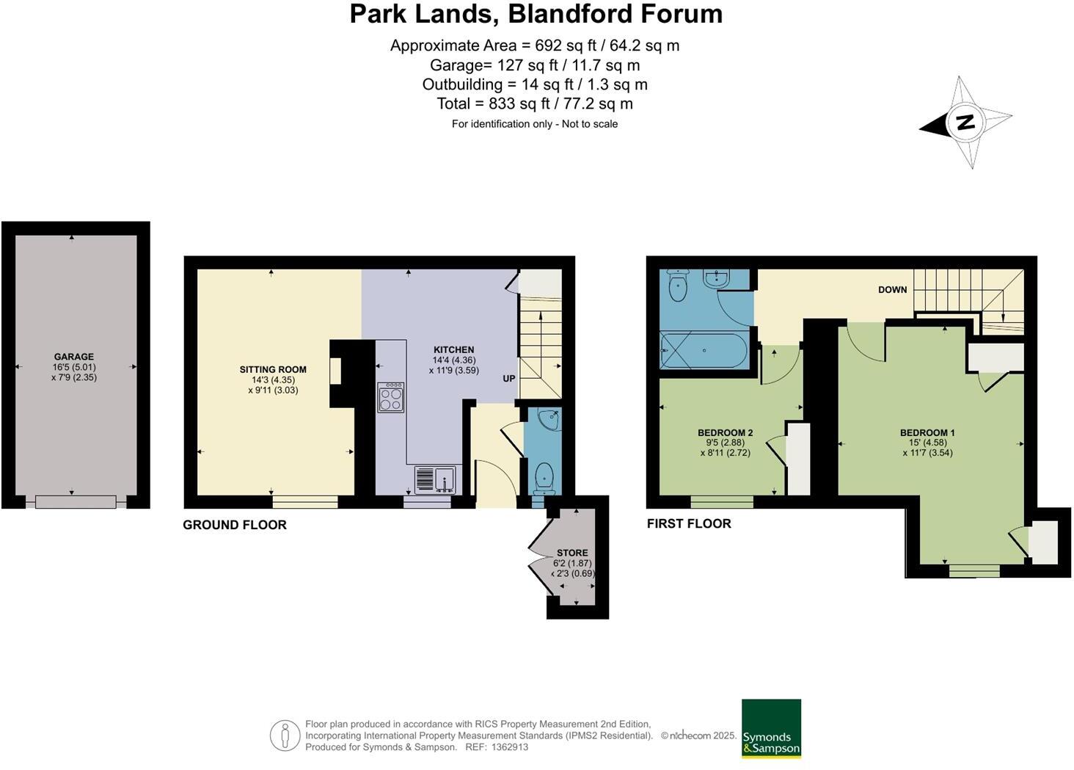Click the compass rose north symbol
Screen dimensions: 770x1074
tap(965, 122)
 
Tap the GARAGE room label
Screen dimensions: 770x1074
tap(73, 357)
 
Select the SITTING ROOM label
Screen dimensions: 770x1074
tap(273, 369)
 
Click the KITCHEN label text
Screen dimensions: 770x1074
tap(453, 349)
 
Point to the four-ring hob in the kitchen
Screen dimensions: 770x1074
tap(390, 397)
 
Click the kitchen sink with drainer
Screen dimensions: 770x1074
tap(435, 479)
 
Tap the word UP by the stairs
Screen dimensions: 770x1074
tap(508, 379)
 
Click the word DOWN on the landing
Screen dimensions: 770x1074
tap(892, 290)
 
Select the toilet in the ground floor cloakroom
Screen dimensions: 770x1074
tap(544, 476)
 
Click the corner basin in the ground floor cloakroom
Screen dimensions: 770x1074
tap(548, 419)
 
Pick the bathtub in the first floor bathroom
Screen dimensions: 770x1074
tap(704, 350)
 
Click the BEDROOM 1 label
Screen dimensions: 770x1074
tap(927, 432)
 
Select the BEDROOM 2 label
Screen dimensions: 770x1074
tap(725, 432)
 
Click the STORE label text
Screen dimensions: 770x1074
tap(572, 553)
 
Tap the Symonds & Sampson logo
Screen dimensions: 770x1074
tap(771, 728)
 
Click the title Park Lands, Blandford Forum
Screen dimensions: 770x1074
tap(536, 14)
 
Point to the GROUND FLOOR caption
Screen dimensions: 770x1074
tap(235, 525)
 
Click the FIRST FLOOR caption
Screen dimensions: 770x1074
tap(689, 523)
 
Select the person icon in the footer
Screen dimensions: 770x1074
tap(285, 736)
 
